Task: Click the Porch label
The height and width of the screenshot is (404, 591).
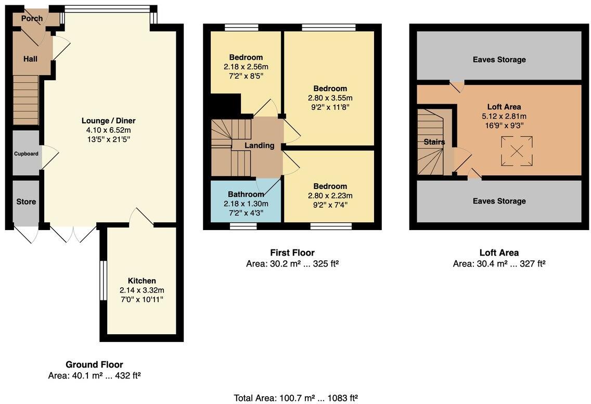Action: coord(32,19)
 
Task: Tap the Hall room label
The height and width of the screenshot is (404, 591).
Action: coord(30,59)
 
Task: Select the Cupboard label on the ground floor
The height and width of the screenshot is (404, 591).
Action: coord(26,154)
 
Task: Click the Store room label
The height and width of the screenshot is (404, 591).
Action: coord(26,201)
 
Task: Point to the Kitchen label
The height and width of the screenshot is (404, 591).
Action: coord(142,281)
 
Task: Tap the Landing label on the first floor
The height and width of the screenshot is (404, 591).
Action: coord(259,146)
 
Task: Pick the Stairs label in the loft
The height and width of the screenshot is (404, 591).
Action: coord(434,142)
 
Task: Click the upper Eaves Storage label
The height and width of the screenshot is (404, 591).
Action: coord(499,60)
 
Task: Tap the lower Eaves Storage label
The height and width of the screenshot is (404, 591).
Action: coord(499,201)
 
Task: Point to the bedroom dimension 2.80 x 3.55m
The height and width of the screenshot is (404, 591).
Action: coord(330,98)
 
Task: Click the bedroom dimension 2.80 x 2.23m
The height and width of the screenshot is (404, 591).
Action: coord(330,196)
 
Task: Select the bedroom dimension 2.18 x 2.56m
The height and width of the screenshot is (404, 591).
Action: coord(246,67)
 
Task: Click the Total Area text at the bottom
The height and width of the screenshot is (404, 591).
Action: coord(295,398)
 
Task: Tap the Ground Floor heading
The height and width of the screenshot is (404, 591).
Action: coord(94,364)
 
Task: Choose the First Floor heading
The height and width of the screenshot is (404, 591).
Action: coord(292,253)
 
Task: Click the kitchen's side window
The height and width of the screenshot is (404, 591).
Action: coord(103,281)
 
